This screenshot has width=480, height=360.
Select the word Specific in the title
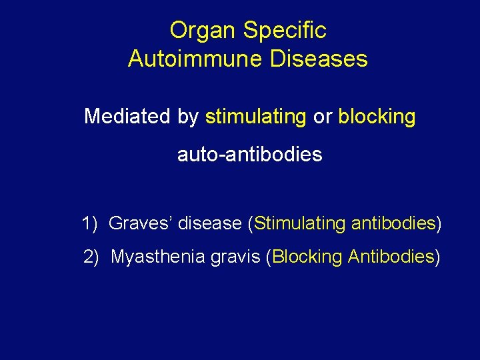tap(285, 31)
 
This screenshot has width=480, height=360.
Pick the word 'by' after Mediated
tap(188, 117)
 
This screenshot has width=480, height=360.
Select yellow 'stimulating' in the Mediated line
tap(255, 117)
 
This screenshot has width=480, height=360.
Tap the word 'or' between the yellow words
tap(322, 117)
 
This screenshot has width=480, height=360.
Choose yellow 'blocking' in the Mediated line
tap(377, 117)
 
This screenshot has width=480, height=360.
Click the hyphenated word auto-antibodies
tap(249, 155)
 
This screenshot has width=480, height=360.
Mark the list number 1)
tap(91, 223)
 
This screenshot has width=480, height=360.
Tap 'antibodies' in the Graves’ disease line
tap(393, 223)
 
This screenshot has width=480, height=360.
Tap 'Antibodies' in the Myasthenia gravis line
tap(391, 256)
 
